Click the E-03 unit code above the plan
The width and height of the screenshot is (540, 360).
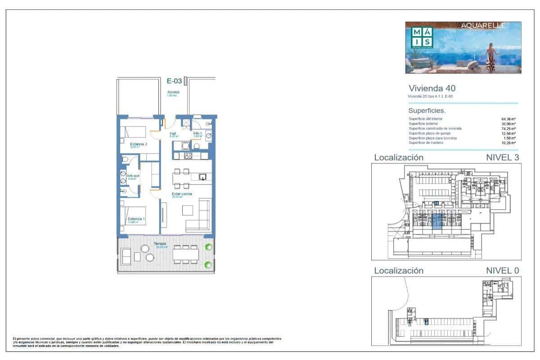(174, 81)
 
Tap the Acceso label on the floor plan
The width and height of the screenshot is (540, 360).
(173, 92)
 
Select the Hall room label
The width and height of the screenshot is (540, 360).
(173, 134)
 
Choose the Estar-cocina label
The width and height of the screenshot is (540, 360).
(182, 194)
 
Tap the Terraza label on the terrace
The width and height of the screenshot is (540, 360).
(160, 244)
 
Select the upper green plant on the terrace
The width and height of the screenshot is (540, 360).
(208, 247)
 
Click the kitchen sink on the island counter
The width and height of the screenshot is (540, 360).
(203, 176)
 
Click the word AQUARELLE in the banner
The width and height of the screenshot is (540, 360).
(484, 26)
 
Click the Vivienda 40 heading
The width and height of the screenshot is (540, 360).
(428, 89)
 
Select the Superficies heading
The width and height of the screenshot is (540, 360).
(427, 110)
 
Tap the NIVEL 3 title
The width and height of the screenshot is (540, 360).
(503, 157)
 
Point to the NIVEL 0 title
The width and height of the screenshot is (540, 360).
(503, 270)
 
